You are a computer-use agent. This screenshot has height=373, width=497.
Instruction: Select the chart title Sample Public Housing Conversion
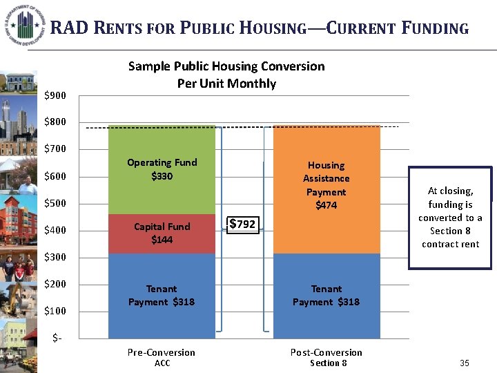tap(226, 66)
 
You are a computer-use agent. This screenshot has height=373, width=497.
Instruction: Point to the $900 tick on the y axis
tap(55, 95)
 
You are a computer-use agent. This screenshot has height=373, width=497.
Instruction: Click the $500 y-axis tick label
tap(55, 204)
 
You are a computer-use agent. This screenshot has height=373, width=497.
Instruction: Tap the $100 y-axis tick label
tap(55, 311)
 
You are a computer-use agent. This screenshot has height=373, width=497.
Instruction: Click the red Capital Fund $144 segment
tap(162, 233)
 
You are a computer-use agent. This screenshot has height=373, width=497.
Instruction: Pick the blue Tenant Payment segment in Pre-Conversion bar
tap(162, 296)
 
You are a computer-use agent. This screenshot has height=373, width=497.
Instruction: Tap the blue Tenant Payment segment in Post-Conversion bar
tap(326, 296)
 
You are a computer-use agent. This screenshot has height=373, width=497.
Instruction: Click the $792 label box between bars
tap(242, 224)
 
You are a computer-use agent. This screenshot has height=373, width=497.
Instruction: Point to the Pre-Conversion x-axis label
tap(162, 352)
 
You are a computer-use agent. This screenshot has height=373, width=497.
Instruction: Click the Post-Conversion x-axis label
tap(327, 352)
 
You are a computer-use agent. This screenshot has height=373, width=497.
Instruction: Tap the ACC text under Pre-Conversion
tap(162, 363)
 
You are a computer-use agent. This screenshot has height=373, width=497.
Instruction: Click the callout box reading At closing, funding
tap(450, 217)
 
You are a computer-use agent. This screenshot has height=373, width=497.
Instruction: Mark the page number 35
tap(464, 363)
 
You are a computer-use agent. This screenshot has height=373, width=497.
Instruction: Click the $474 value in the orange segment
tap(326, 205)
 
